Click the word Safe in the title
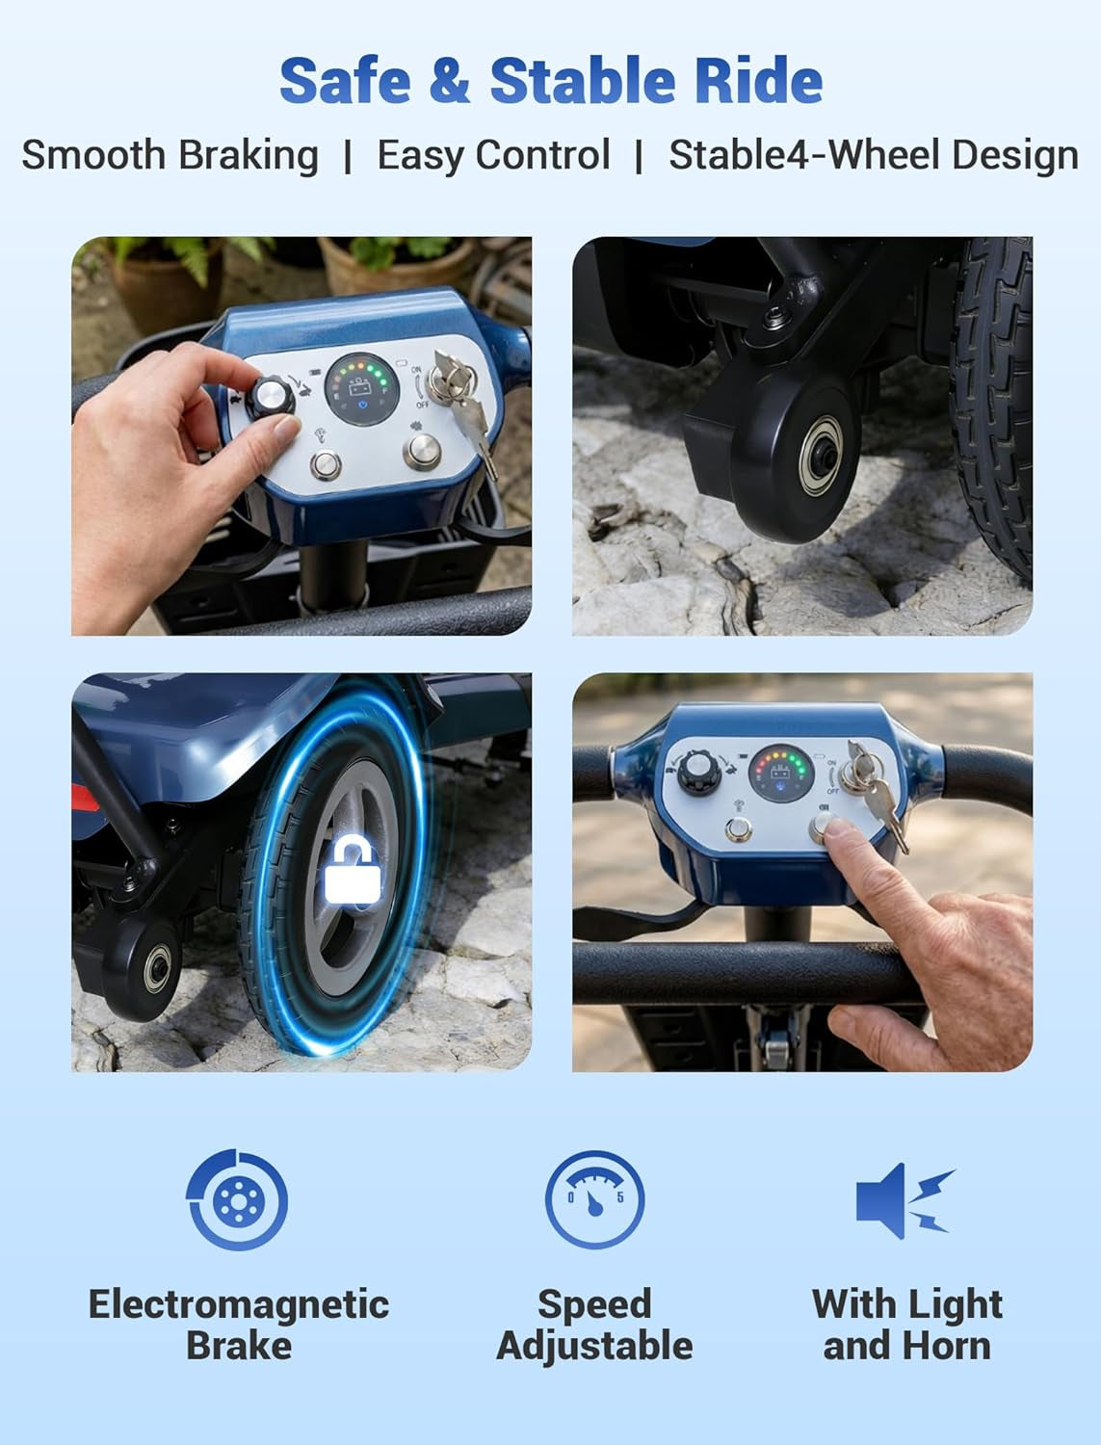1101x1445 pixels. (345, 80)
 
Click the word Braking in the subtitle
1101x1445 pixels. (249, 157)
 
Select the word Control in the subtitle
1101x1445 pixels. (542, 155)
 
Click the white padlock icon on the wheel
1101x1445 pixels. (353, 868)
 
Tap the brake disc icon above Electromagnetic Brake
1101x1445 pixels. (237, 1200)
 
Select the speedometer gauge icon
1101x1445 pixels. (595, 1199)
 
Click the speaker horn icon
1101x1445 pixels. (904, 1200)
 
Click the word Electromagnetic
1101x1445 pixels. (239, 1304)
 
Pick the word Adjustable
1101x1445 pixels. (595, 1346)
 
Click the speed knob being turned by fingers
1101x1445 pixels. (271, 396)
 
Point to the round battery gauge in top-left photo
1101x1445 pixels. (361, 389)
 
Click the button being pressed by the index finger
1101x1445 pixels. (822, 828)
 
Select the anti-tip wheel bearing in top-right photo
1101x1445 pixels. (821, 456)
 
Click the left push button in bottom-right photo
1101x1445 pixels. (738, 830)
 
